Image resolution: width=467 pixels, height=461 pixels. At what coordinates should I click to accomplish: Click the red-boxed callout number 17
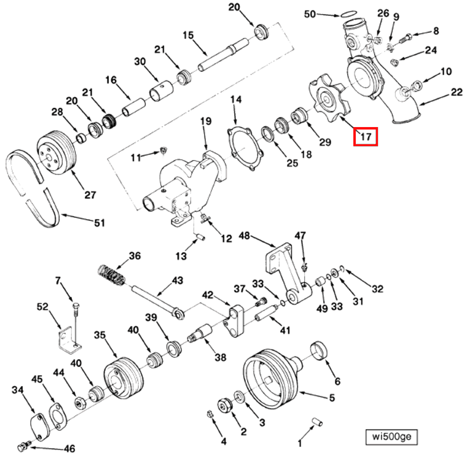[365, 136]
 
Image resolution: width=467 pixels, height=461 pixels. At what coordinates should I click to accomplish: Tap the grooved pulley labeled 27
[55, 152]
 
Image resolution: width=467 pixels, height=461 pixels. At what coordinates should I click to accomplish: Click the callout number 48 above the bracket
[244, 235]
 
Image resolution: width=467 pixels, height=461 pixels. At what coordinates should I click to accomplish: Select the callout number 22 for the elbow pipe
[456, 93]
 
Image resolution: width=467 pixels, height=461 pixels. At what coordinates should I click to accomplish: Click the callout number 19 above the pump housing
[205, 121]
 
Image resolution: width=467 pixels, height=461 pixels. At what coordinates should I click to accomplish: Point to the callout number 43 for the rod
[177, 280]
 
